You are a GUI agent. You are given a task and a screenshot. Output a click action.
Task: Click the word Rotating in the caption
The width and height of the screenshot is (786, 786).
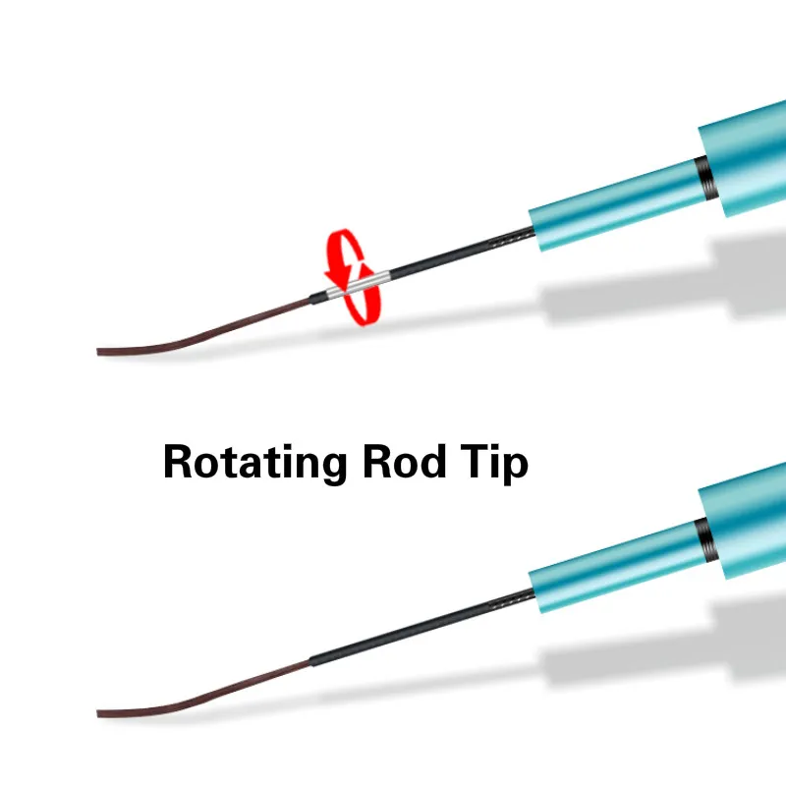tap(253, 461)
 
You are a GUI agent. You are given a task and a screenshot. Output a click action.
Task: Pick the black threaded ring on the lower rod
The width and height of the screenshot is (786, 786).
tap(706, 536)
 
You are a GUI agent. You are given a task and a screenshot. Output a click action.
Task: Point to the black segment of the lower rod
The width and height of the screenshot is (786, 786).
tap(413, 630)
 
